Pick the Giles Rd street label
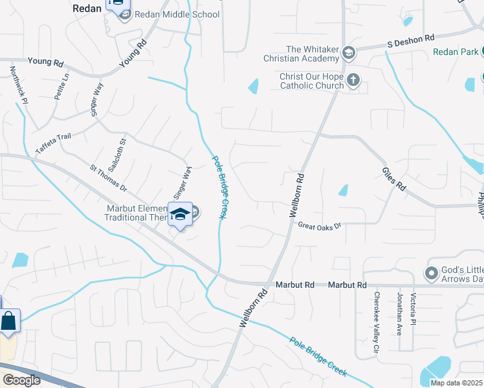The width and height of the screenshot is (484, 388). [x=393, y=178]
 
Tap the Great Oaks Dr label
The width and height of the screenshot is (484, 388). [x=318, y=225]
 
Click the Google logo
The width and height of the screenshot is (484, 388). [x=21, y=380]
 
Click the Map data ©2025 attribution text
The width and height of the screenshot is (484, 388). [x=456, y=383]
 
